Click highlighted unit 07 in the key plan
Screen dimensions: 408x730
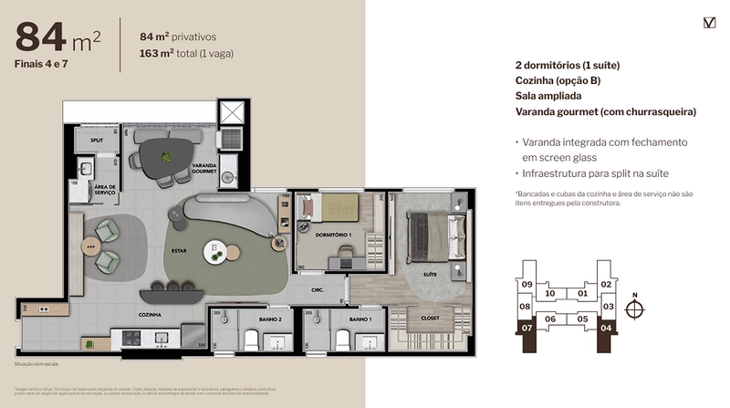(527, 327)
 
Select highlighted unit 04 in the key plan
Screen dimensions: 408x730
(606, 327)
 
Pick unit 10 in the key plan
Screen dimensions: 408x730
(550, 294)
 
